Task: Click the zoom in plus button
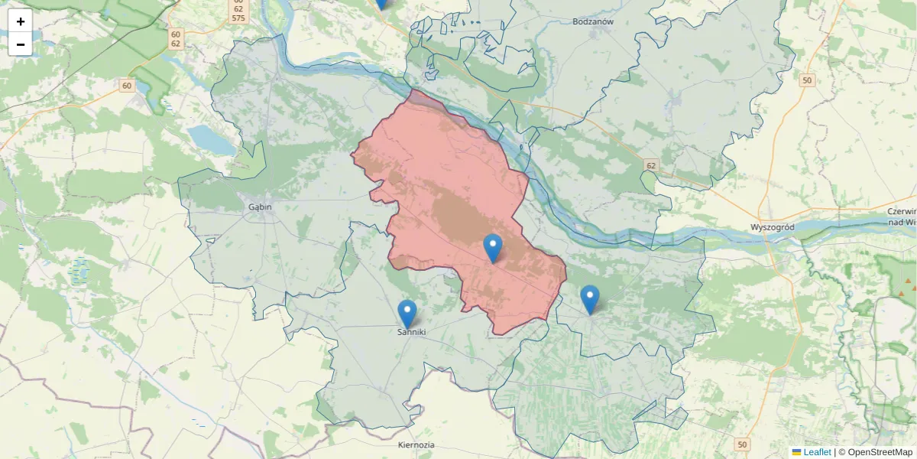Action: click(21, 21)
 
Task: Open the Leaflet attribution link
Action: click(817, 452)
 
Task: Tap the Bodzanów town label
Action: click(593, 21)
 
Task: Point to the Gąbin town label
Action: click(260, 206)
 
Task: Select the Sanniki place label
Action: click(410, 332)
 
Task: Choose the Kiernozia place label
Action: click(416, 444)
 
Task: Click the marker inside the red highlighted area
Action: click(493, 248)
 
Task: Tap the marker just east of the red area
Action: click(589, 298)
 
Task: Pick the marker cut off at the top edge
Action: click(381, 4)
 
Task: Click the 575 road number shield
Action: click(238, 18)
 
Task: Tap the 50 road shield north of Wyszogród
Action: click(807, 80)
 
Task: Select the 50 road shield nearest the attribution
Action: click(742, 444)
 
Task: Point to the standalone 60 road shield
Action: click(126, 85)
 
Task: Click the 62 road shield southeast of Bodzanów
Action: click(650, 165)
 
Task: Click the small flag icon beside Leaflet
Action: click(796, 452)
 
